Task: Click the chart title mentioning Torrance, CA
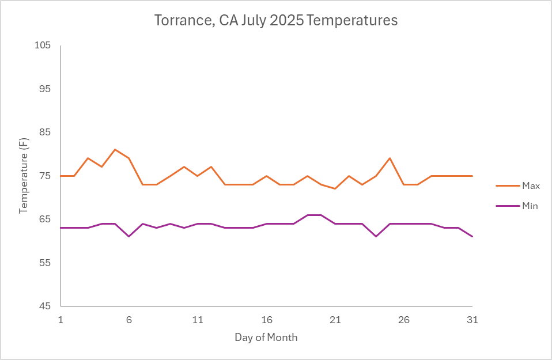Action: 276,21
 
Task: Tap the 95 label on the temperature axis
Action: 46,89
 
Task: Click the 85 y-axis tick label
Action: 46,132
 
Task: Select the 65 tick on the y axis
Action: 46,219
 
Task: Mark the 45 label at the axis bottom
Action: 46,306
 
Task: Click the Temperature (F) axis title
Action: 24,176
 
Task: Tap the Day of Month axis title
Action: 266,338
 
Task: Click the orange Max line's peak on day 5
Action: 115,150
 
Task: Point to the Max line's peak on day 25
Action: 390,158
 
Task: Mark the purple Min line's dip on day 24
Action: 376,236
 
